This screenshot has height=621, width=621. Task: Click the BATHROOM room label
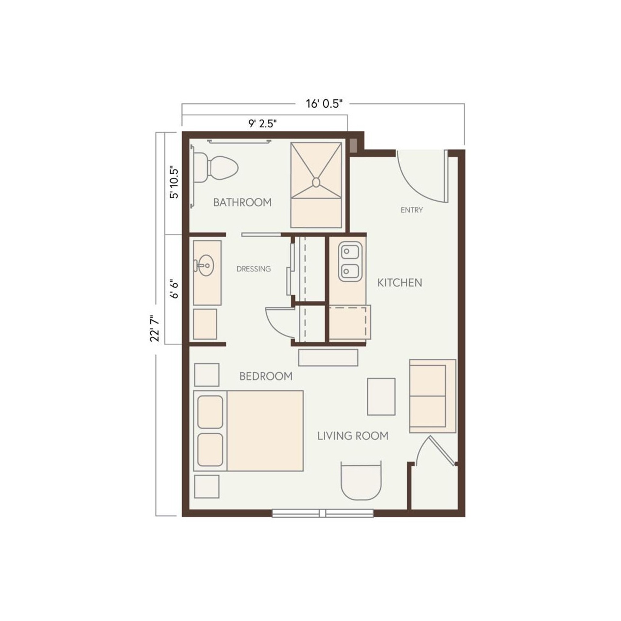tap(242, 203)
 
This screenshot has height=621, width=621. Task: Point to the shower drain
tap(316, 183)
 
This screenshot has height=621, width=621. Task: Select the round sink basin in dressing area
tap(205, 266)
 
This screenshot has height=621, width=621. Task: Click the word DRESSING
tap(253, 269)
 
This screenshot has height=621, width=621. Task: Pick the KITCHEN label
tap(400, 283)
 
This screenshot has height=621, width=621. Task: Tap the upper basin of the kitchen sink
tap(350, 251)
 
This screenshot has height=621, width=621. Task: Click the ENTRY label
tap(412, 210)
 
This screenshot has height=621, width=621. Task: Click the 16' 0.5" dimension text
tap(324, 104)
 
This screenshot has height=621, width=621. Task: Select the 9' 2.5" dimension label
tap(263, 123)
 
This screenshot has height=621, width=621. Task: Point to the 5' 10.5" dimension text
tap(173, 182)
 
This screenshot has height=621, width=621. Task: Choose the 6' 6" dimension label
tap(174, 288)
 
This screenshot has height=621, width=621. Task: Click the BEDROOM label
tap(266, 376)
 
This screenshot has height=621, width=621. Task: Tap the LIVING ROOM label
tap(353, 436)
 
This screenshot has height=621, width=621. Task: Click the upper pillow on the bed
tap(210, 412)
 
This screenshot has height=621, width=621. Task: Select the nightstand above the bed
tap(207, 375)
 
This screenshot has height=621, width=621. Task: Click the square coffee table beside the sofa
tap(381, 397)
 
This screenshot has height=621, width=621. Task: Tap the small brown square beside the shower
tap(354, 146)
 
